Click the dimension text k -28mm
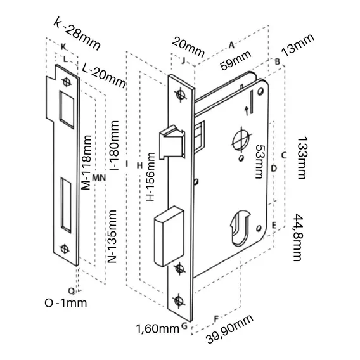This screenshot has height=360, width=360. tap(77, 34)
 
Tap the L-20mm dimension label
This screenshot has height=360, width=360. tap(104, 75)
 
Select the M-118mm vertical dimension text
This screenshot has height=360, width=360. tap(87, 162)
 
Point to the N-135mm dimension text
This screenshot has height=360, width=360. tap(112, 236)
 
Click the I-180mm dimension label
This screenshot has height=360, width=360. tap(114, 145)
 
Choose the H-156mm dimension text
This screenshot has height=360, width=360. tap(150, 177)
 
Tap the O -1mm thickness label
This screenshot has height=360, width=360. tap(66, 303)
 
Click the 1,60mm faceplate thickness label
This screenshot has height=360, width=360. tap(157, 328)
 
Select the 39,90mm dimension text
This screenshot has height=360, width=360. tap(230, 329)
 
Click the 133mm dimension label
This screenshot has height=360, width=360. tap(302, 158)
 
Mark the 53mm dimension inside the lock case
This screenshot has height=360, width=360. tap(260, 162)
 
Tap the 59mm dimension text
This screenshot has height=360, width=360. tap(236, 60)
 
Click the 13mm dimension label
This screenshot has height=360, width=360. tap(297, 45)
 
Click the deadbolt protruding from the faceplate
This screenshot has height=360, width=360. tap(169, 236)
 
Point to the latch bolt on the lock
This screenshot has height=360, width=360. tap(172, 142)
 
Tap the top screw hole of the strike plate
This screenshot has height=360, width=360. tap(66, 82)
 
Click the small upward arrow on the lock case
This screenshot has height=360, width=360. tap(247, 111)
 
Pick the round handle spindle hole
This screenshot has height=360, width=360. tap(241, 139)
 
